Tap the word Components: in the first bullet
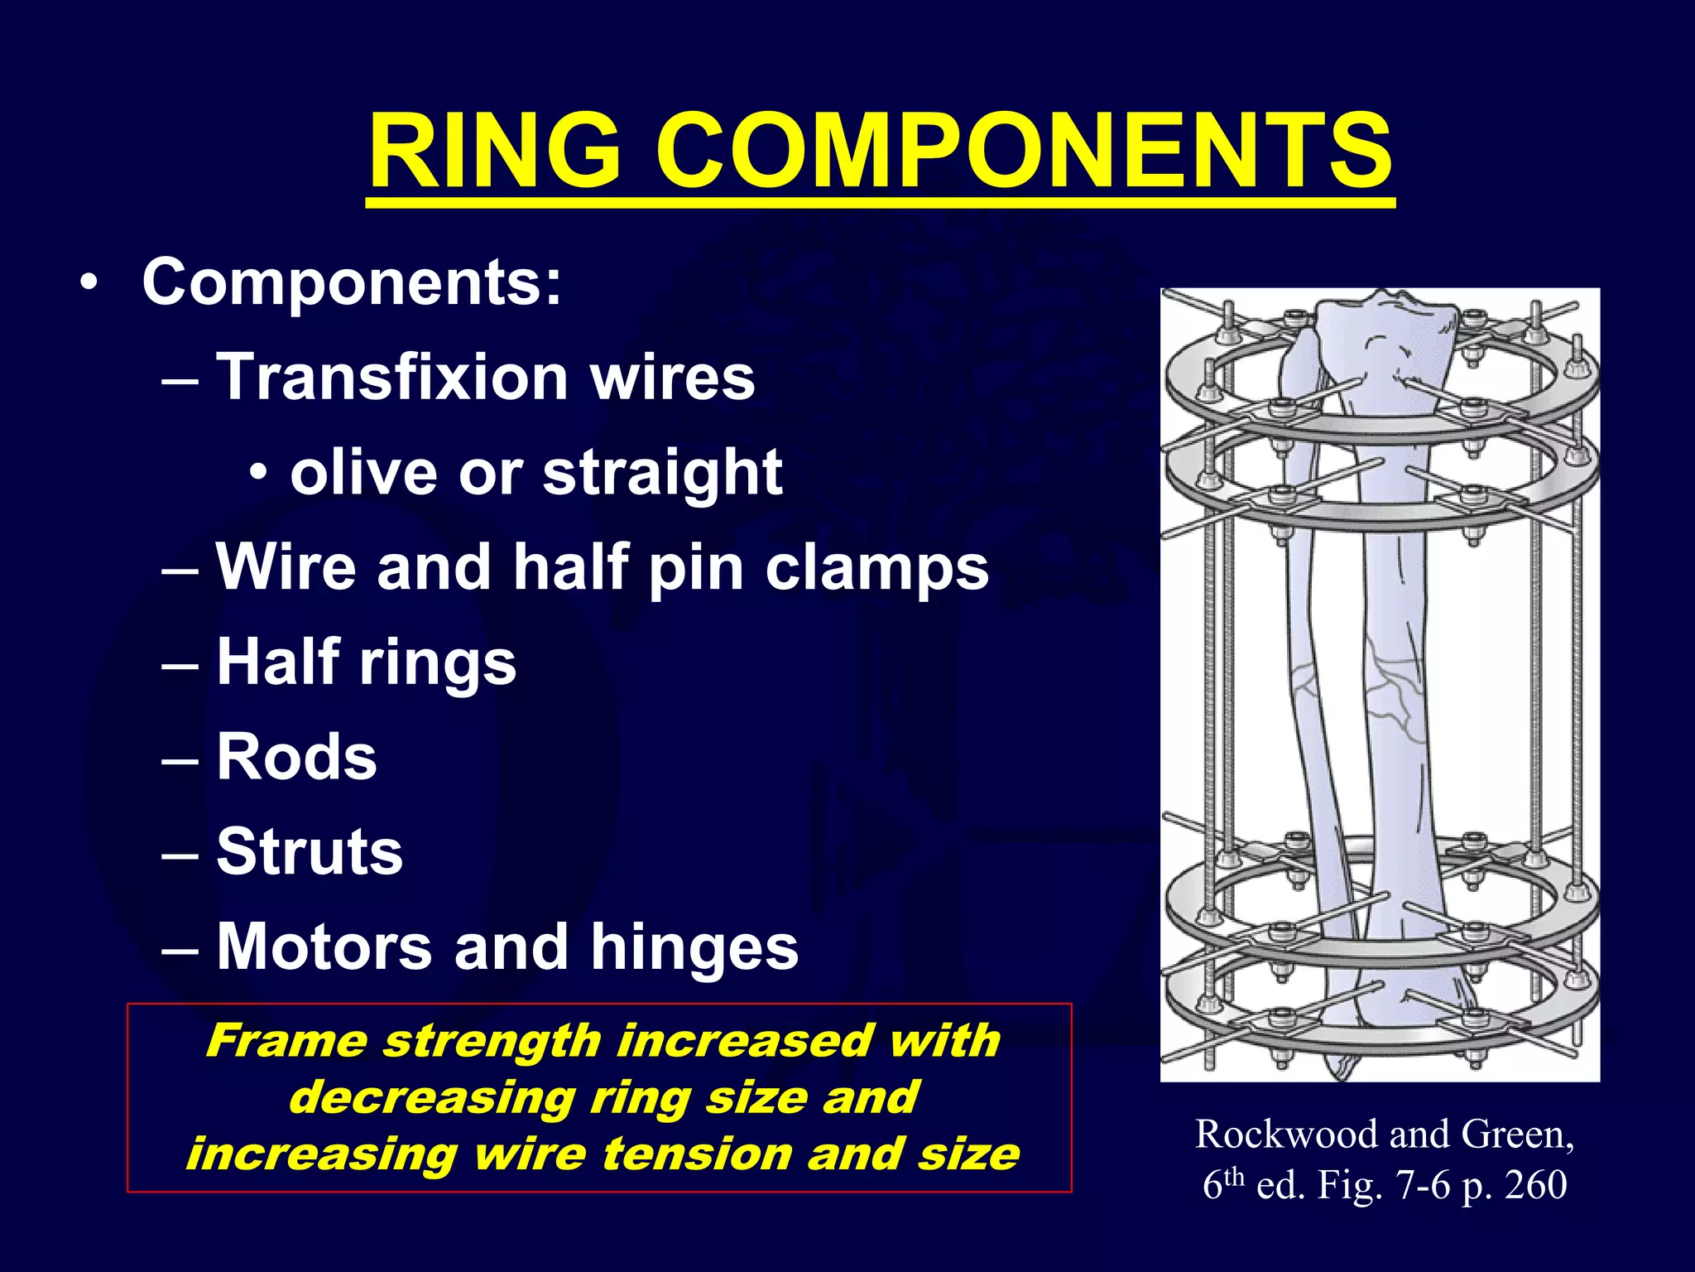tap(352, 282)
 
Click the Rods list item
tap(296, 757)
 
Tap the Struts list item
tap(310, 852)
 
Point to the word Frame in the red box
tap(286, 1041)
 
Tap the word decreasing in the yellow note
tap(431, 1097)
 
